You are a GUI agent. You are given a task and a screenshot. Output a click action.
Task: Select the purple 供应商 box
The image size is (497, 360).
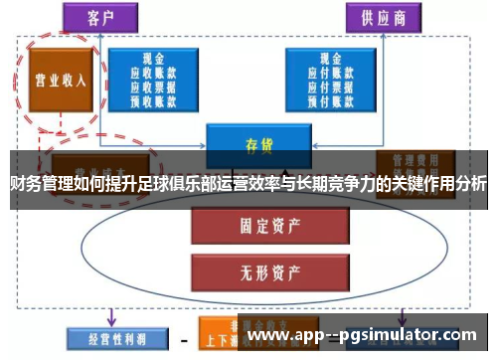[382, 17]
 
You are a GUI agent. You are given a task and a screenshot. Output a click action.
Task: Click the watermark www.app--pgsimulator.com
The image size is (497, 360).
[366, 336]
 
